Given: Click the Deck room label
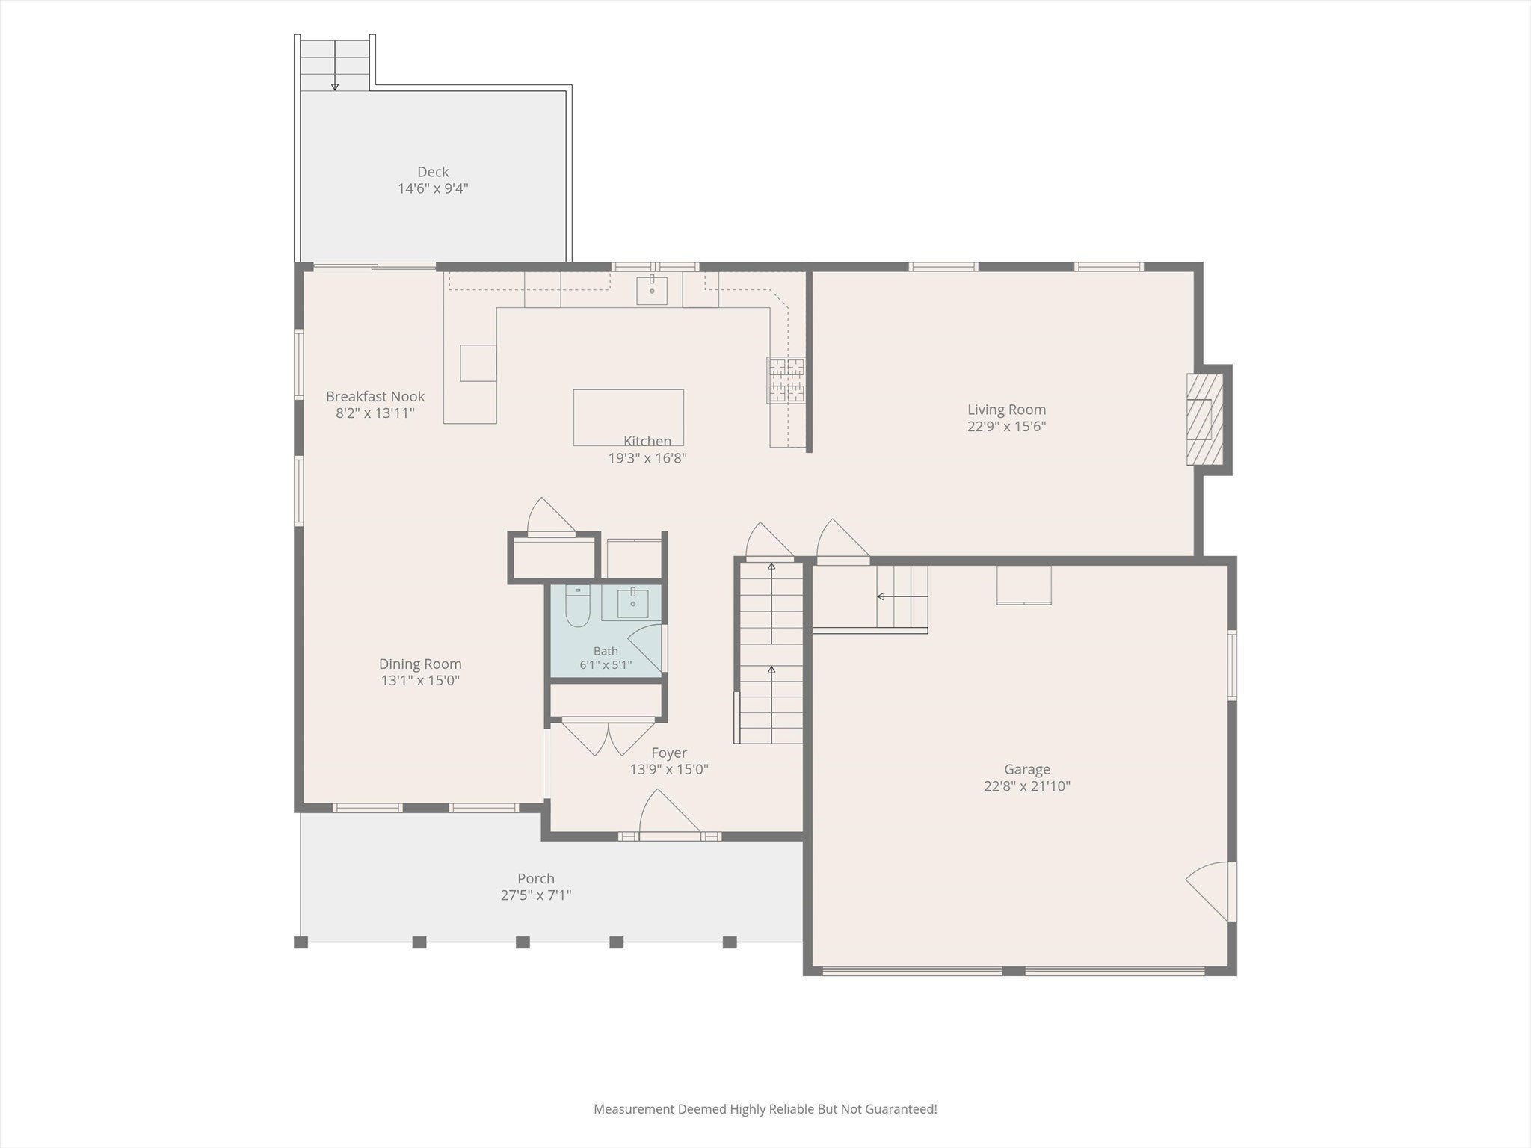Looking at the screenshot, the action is coord(433,172).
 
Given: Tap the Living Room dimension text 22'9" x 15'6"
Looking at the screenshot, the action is coord(1006,427).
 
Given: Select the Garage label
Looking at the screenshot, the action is coord(1027,769).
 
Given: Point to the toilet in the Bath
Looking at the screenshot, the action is coord(577,606).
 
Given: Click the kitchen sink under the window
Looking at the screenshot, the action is coord(652,290).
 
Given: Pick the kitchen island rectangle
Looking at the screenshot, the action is coord(628,417).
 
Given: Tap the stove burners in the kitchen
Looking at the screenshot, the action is coord(786,380).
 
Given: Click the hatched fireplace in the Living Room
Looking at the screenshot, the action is coord(1205,419).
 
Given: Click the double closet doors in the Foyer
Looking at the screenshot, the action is coord(609,737).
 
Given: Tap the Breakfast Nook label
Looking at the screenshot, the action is coord(375,396).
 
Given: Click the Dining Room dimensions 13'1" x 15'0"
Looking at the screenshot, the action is coord(420,681).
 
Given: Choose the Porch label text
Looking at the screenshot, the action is coord(536,879).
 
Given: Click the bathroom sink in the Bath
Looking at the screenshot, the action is coord(632,602).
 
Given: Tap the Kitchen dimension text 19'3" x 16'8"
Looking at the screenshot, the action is coord(647,458).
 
